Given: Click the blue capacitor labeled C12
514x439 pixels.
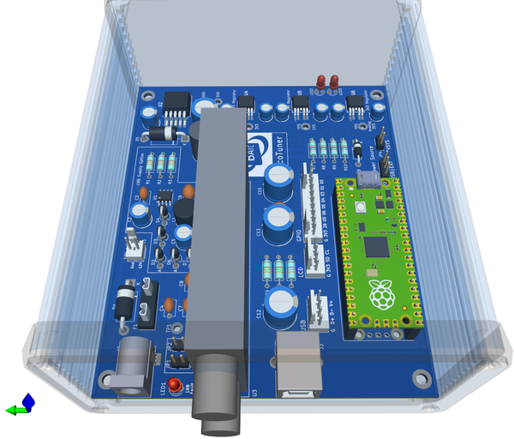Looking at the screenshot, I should [280, 304].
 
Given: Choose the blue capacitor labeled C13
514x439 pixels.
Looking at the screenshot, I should [280, 219].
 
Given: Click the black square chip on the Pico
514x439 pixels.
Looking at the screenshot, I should [377, 248].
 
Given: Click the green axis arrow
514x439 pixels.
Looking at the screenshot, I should [13, 411].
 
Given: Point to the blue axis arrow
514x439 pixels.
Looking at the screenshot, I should [29, 400].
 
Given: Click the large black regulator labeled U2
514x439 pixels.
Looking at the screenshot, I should [177, 105].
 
